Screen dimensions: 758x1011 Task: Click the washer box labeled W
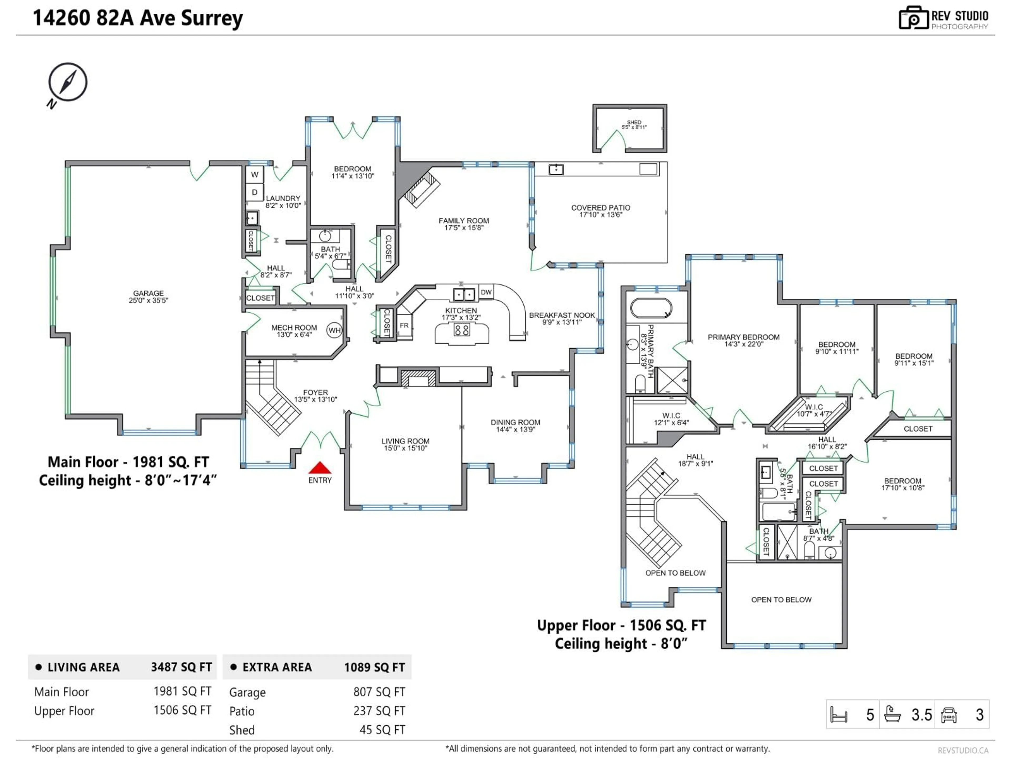[255, 174]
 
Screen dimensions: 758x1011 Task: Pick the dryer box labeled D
[255, 192]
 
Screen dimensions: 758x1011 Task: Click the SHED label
[634, 122]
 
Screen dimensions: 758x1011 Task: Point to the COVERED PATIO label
[601, 208]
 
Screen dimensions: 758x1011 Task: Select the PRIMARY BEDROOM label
[744, 337]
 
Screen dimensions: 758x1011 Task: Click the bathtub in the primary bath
[651, 308]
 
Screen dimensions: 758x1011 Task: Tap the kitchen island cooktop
[462, 330]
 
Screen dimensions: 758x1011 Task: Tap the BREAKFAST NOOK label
[562, 315]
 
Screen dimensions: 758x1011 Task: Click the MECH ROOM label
[294, 328]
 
